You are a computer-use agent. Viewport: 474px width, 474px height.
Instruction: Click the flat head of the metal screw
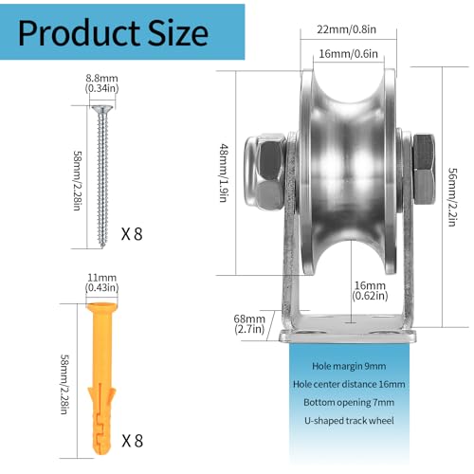point(102,112)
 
